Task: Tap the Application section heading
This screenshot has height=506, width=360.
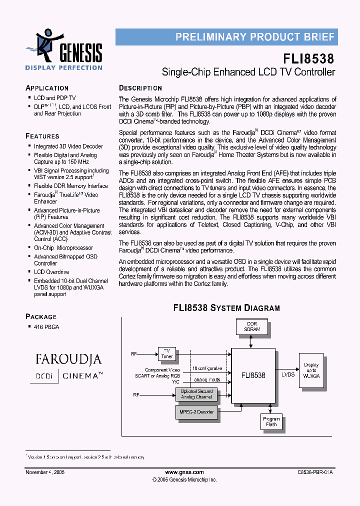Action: [x=47, y=88]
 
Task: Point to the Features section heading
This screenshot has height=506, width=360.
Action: [x=42, y=136]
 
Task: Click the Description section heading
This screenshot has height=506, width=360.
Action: [x=140, y=88]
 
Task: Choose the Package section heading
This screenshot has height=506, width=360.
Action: [x=41, y=316]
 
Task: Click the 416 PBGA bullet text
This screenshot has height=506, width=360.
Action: [x=46, y=326]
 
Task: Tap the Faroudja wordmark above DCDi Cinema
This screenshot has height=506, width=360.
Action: [x=68, y=359]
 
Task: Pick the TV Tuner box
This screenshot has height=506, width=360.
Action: [x=166, y=354]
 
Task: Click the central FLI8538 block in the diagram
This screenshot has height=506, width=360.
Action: [x=253, y=375]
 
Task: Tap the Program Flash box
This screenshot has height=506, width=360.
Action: [x=271, y=421]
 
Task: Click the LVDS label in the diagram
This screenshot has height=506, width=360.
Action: [x=287, y=374]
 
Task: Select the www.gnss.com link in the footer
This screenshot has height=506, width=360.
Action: [x=184, y=472]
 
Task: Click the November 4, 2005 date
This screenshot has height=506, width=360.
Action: [x=45, y=472]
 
